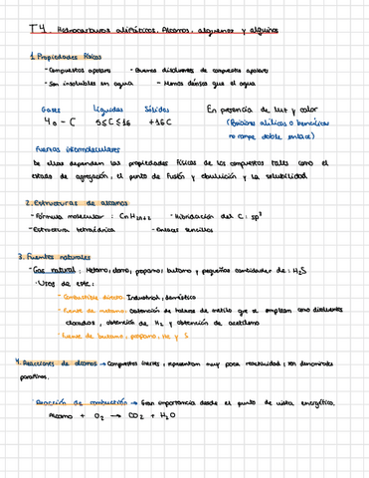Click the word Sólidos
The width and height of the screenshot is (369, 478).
click(159, 108)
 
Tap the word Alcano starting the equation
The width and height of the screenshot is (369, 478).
click(50, 416)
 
